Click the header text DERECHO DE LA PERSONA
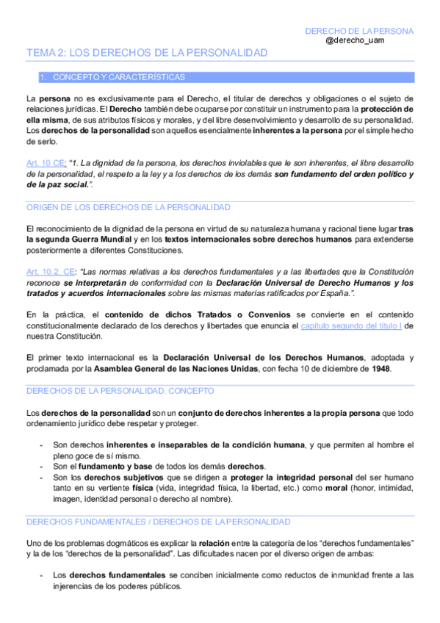[359, 31]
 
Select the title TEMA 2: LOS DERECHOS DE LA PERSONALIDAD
[147, 54]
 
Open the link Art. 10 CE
[46, 162]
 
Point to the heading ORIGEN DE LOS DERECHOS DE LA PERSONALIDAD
[128, 207]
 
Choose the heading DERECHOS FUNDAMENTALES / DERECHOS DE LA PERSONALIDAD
[158, 521]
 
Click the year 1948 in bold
[381, 369]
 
